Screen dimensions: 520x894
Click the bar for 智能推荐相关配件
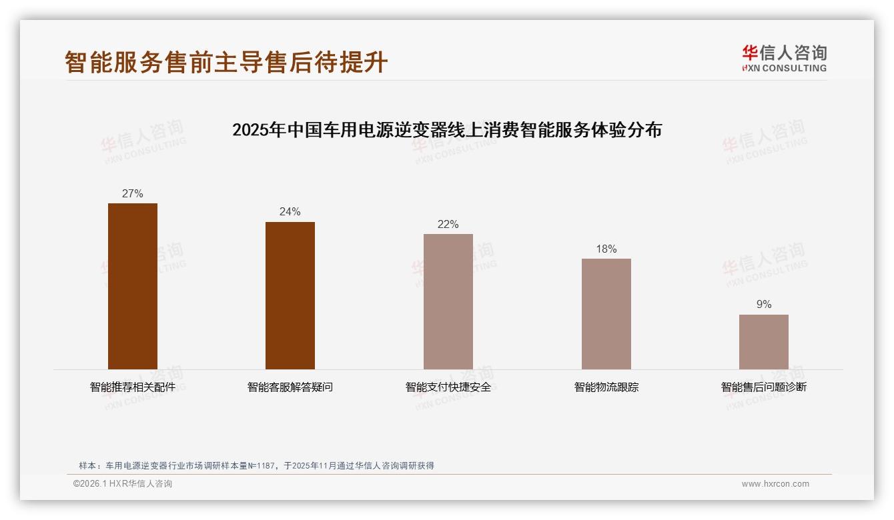[133, 286]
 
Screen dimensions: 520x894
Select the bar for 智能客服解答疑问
[290, 295]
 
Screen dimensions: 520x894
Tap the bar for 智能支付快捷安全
[448, 301]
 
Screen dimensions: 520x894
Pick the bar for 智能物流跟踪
[606, 314]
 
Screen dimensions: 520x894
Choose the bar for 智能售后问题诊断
[764, 342]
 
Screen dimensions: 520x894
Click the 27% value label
[133, 194]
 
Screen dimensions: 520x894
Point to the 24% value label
[290, 212]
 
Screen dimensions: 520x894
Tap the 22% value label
[448, 225]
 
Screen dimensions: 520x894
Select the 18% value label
[606, 249]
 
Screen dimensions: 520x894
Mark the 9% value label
[764, 305]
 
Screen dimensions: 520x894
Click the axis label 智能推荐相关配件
[133, 387]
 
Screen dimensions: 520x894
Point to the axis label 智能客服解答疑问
[290, 387]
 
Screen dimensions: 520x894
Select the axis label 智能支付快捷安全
[448, 387]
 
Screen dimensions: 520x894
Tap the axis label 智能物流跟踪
[606, 387]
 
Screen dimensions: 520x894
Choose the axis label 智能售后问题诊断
[764, 387]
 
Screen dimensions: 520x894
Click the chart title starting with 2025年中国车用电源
[447, 130]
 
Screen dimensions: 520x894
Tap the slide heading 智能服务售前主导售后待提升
[226, 62]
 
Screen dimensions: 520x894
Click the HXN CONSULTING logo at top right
[784, 59]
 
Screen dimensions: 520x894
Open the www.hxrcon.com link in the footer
[775, 484]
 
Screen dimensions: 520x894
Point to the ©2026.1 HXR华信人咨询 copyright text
[123, 484]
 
